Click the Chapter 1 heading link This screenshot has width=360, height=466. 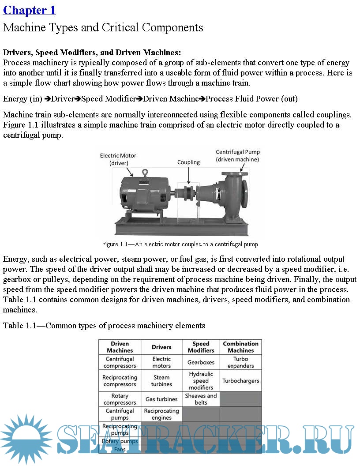[30, 10]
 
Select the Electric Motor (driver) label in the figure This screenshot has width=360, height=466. [118, 159]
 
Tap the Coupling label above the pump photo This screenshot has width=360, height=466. [188, 162]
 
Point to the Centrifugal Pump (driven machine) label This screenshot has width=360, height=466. [237, 156]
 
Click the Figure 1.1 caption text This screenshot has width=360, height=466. [180, 244]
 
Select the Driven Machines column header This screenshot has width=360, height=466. [120, 347]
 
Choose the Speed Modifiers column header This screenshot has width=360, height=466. [201, 347]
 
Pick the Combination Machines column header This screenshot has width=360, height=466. [240, 347]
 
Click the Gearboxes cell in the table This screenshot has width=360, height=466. [201, 362]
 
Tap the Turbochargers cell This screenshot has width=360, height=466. [240, 381]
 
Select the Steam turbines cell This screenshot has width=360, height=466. [161, 381]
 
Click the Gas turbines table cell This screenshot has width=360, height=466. [161, 399]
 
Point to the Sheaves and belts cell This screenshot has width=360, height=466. [201, 399]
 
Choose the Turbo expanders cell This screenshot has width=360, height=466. [240, 362]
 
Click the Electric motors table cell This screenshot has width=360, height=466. [161, 362]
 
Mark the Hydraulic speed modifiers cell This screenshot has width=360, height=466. [201, 381]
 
